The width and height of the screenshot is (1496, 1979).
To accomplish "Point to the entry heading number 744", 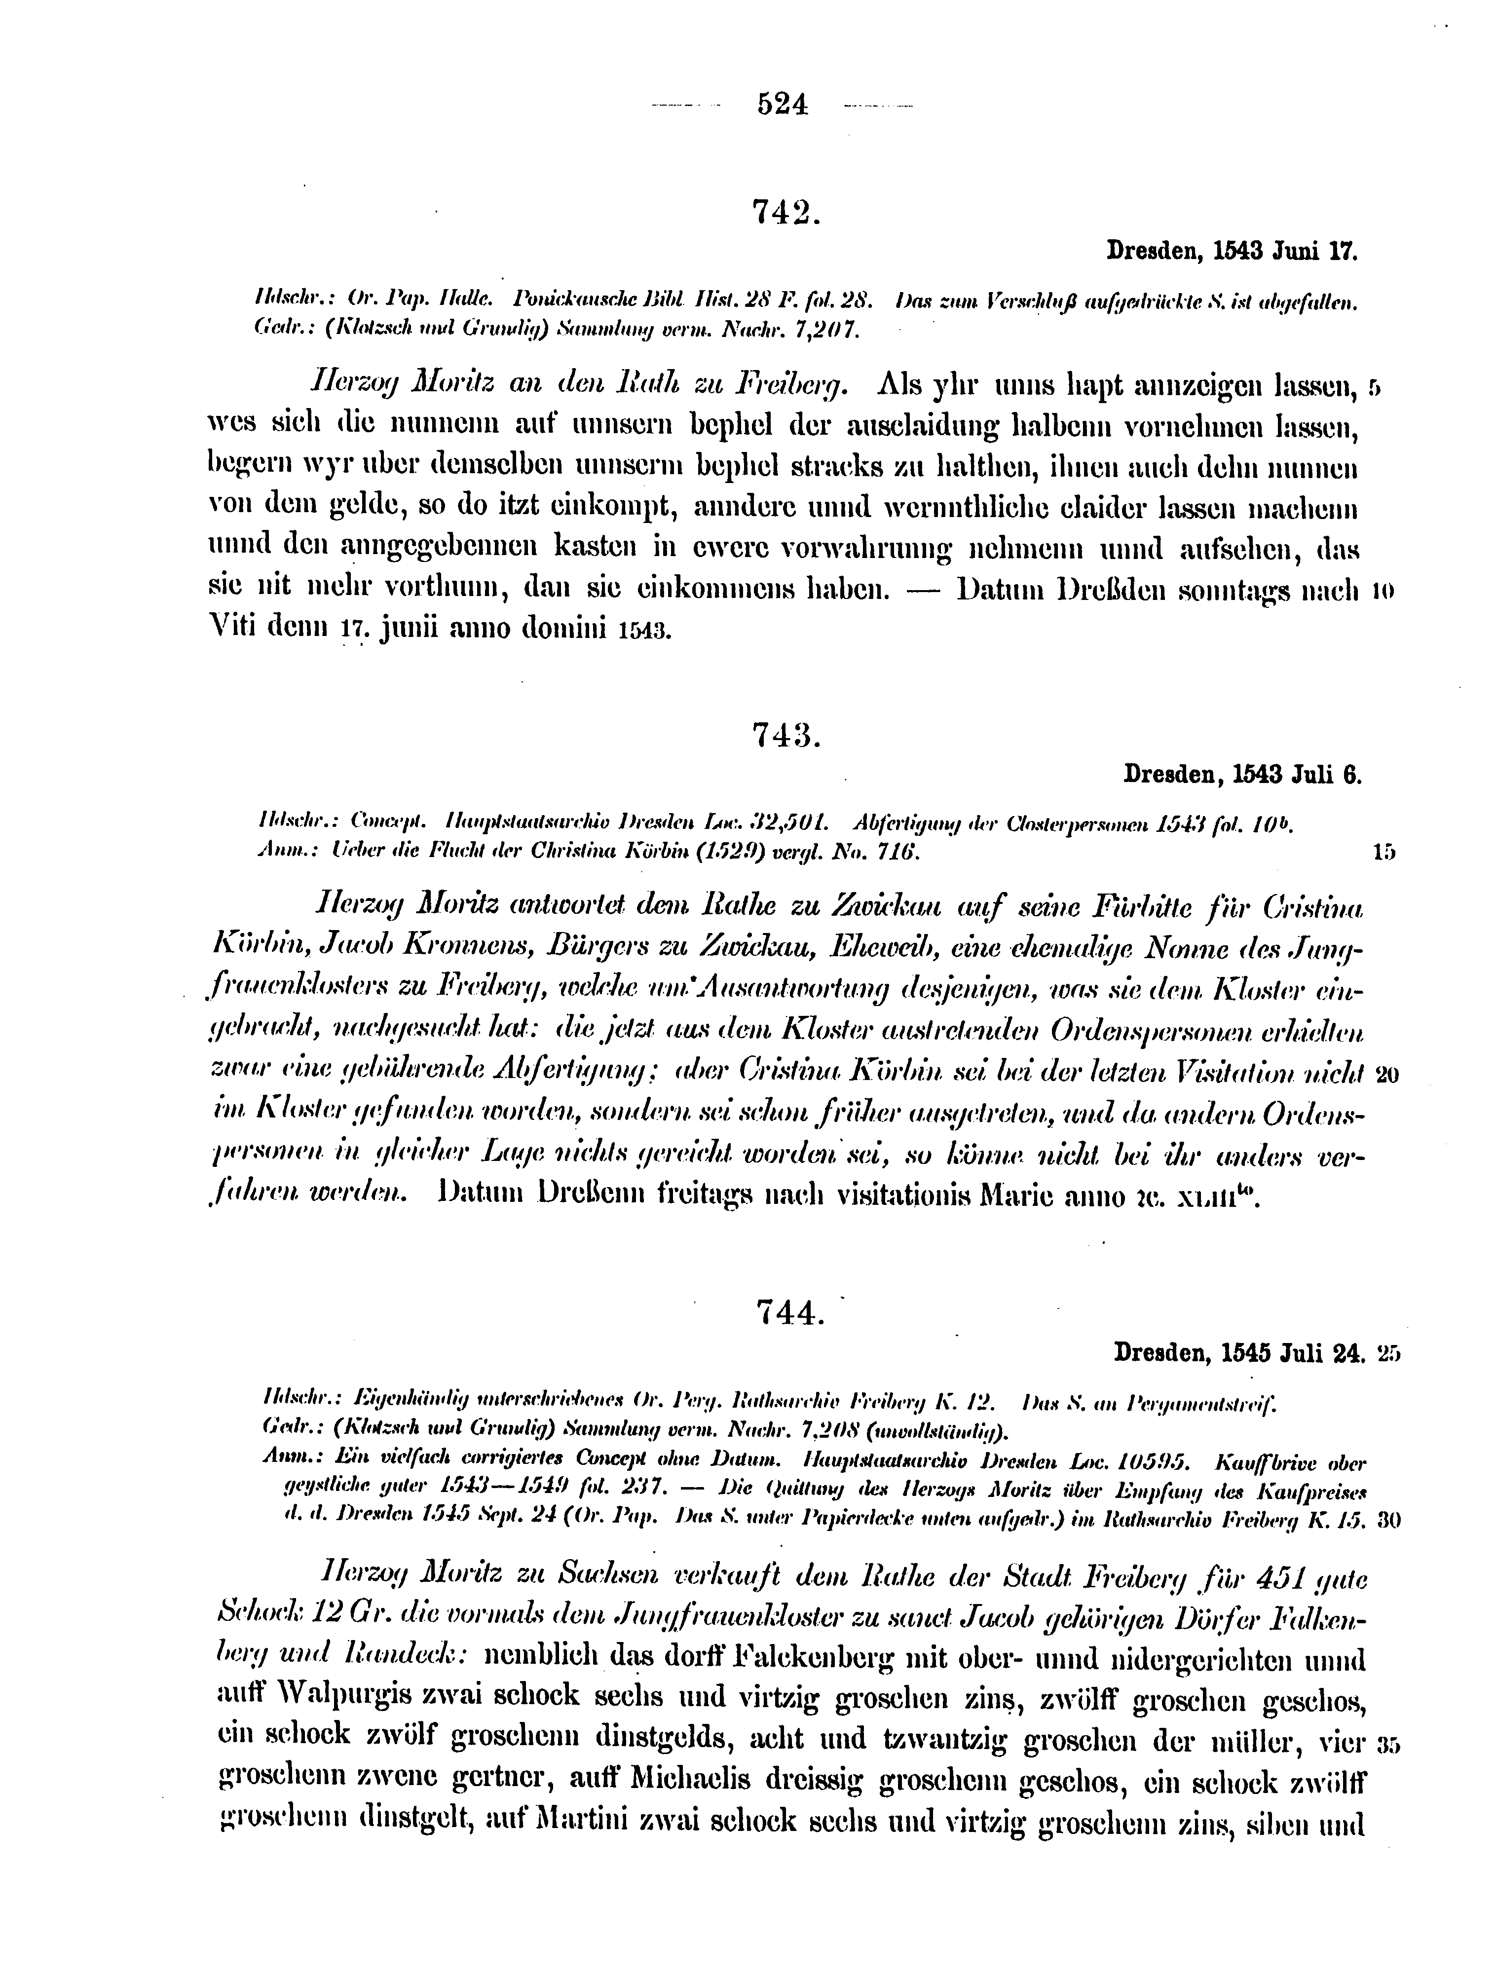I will point(787,1311).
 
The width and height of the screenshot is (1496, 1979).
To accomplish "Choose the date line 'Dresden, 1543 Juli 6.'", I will point(1242,775).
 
